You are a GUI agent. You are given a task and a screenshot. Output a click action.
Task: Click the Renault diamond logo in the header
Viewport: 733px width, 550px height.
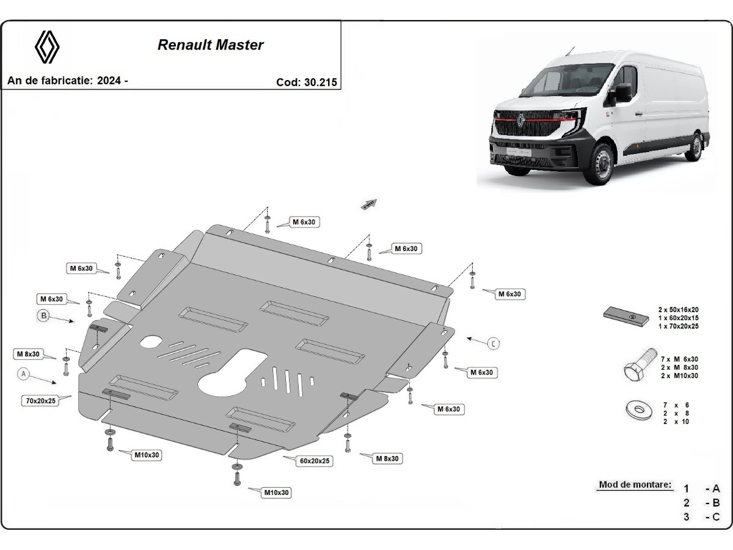pos(46,47)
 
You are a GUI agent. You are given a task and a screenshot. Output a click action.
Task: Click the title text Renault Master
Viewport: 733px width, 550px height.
pos(211,45)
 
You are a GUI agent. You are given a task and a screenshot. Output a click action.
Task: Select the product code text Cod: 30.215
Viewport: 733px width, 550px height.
pos(307,82)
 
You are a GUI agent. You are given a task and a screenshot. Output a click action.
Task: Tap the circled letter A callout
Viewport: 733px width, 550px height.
pos(24,373)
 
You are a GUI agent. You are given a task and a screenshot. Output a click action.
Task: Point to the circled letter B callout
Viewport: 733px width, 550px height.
pos(43,315)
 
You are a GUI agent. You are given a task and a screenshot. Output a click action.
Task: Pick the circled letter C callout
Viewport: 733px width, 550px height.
pos(494,343)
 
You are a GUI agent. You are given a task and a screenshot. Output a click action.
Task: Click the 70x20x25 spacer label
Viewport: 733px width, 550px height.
pos(40,401)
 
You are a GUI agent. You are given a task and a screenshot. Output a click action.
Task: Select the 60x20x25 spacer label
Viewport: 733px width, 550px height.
pos(316,461)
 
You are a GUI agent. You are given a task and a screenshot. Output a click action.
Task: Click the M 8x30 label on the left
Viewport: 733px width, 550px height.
pos(28,354)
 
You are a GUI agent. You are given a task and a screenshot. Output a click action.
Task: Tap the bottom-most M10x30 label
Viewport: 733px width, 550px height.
pos(277,493)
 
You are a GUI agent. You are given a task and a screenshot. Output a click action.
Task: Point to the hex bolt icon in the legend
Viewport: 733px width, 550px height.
pos(637,369)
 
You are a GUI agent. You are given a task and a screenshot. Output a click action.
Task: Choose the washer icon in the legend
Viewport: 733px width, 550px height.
pos(638,411)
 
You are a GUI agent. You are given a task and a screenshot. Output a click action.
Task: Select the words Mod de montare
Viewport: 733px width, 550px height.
pos(635,485)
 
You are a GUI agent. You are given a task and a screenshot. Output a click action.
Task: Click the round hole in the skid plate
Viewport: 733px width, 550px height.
pos(150,342)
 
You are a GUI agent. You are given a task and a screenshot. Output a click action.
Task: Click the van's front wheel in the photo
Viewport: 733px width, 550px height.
pos(597,164)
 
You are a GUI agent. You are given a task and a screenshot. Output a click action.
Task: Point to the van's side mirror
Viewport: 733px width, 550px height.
pos(623,93)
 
